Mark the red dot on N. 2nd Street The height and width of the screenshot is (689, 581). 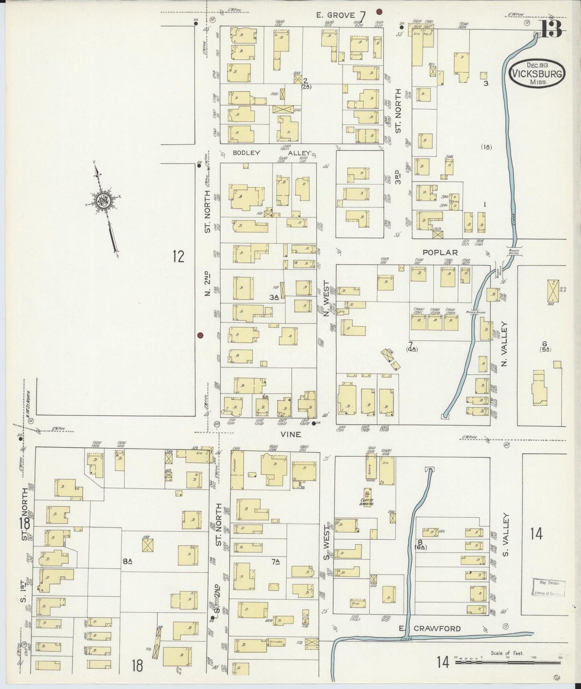tap(200, 335)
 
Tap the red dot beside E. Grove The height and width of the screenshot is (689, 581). tap(379, 11)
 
